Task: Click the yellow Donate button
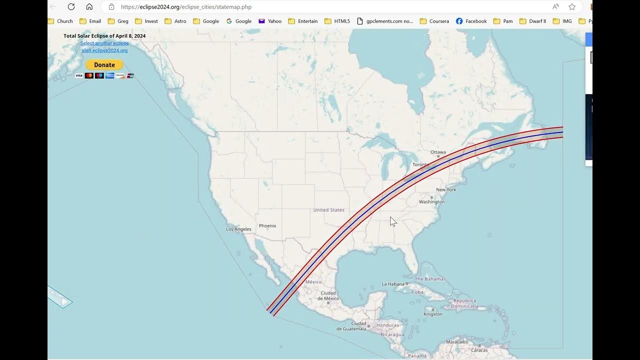(104, 65)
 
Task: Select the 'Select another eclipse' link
(104, 43)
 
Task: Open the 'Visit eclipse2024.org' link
(104, 50)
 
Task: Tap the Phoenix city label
(267, 226)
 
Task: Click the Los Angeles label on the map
(238, 229)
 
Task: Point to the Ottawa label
(438, 152)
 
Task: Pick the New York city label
(446, 190)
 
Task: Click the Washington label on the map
(431, 201)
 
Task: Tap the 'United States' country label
(328, 210)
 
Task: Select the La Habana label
(392, 284)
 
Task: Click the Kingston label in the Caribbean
(433, 314)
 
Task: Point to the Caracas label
(479, 350)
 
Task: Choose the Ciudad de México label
(328, 295)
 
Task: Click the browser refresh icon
(71, 6)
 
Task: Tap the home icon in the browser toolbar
(89, 6)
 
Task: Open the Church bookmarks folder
(60, 21)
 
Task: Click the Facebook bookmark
(471, 21)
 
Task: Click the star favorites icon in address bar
(572, 6)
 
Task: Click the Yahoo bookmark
(270, 21)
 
